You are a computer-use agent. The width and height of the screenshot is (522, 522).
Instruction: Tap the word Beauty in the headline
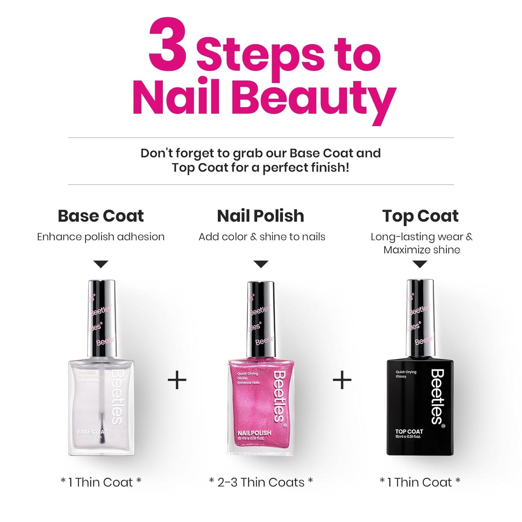click(316, 98)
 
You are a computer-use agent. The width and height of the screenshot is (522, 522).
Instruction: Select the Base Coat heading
click(101, 216)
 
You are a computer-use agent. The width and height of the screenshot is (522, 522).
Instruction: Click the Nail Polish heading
click(260, 216)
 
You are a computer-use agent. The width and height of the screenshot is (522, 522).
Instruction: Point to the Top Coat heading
click(420, 216)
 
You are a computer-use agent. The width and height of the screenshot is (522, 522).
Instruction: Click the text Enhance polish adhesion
click(101, 237)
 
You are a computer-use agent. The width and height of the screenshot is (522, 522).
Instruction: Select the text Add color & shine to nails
click(262, 237)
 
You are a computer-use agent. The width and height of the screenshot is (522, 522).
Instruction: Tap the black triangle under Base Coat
click(101, 264)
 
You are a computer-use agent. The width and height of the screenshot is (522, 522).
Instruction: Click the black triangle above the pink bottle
click(261, 264)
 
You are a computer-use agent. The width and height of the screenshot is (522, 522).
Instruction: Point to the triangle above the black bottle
click(420, 264)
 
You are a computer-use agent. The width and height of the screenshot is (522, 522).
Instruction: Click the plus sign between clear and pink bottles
click(177, 380)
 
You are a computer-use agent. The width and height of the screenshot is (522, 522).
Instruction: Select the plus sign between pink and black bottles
click(342, 380)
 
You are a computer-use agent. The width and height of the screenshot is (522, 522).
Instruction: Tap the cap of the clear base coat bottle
click(102, 318)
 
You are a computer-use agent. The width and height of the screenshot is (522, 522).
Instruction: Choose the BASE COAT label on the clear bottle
click(92, 432)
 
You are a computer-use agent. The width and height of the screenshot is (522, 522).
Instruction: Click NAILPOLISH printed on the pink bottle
click(254, 433)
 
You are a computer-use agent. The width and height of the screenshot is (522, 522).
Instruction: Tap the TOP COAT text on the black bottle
click(409, 431)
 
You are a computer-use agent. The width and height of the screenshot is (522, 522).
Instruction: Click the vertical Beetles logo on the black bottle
click(437, 396)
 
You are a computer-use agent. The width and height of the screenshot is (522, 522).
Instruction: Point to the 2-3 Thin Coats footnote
click(261, 482)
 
